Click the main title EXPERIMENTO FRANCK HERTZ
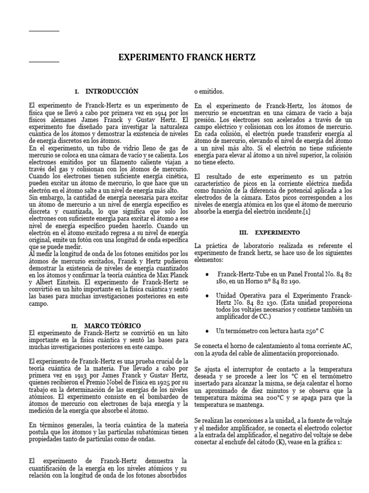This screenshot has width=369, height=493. point(187,58)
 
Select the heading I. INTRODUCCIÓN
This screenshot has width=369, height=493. point(107,91)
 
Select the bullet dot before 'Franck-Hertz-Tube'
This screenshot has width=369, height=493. point(207,274)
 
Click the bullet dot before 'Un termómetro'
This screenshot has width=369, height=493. point(207,331)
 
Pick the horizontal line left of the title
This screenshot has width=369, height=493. point(44,62)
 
